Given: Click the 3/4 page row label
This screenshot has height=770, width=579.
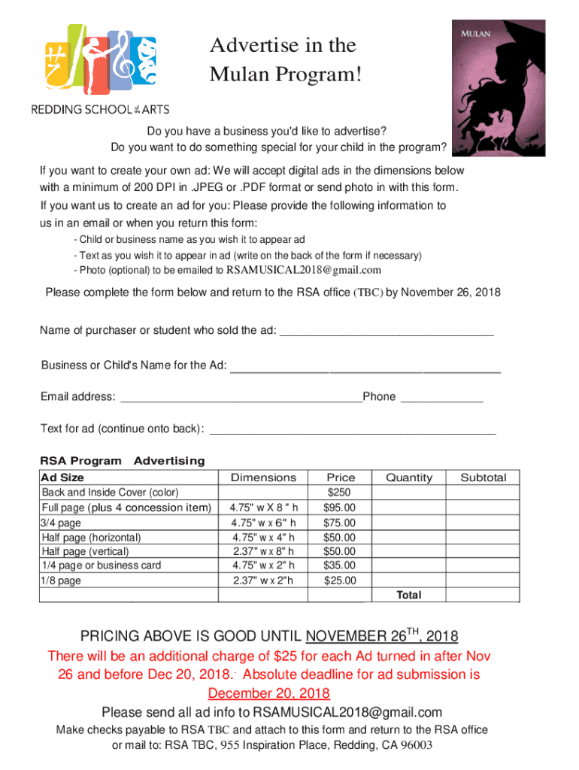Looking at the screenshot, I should (61, 523).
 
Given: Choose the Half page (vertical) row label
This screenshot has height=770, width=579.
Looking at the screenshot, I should (86, 551).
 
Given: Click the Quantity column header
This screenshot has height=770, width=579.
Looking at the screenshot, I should (409, 477).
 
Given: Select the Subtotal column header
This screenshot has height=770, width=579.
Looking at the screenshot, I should (483, 477).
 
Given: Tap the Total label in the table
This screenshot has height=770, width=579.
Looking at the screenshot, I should (409, 595).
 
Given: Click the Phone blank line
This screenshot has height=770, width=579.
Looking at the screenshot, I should (442, 397).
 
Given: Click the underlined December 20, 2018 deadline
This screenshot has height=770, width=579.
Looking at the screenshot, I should (268, 693).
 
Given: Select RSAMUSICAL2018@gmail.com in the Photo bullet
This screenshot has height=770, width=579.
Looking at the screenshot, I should (304, 270).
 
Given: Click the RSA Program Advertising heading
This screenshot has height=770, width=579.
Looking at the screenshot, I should (122, 460).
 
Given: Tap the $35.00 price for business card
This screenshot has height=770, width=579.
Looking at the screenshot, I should (340, 565).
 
